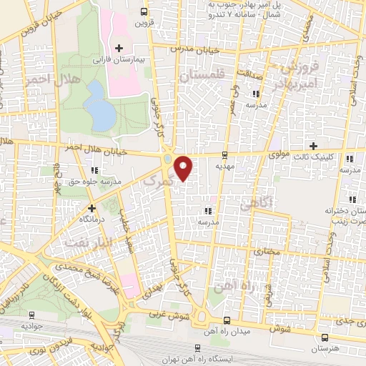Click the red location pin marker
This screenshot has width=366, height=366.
point(184,167)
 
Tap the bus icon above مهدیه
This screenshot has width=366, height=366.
point(225,154)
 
